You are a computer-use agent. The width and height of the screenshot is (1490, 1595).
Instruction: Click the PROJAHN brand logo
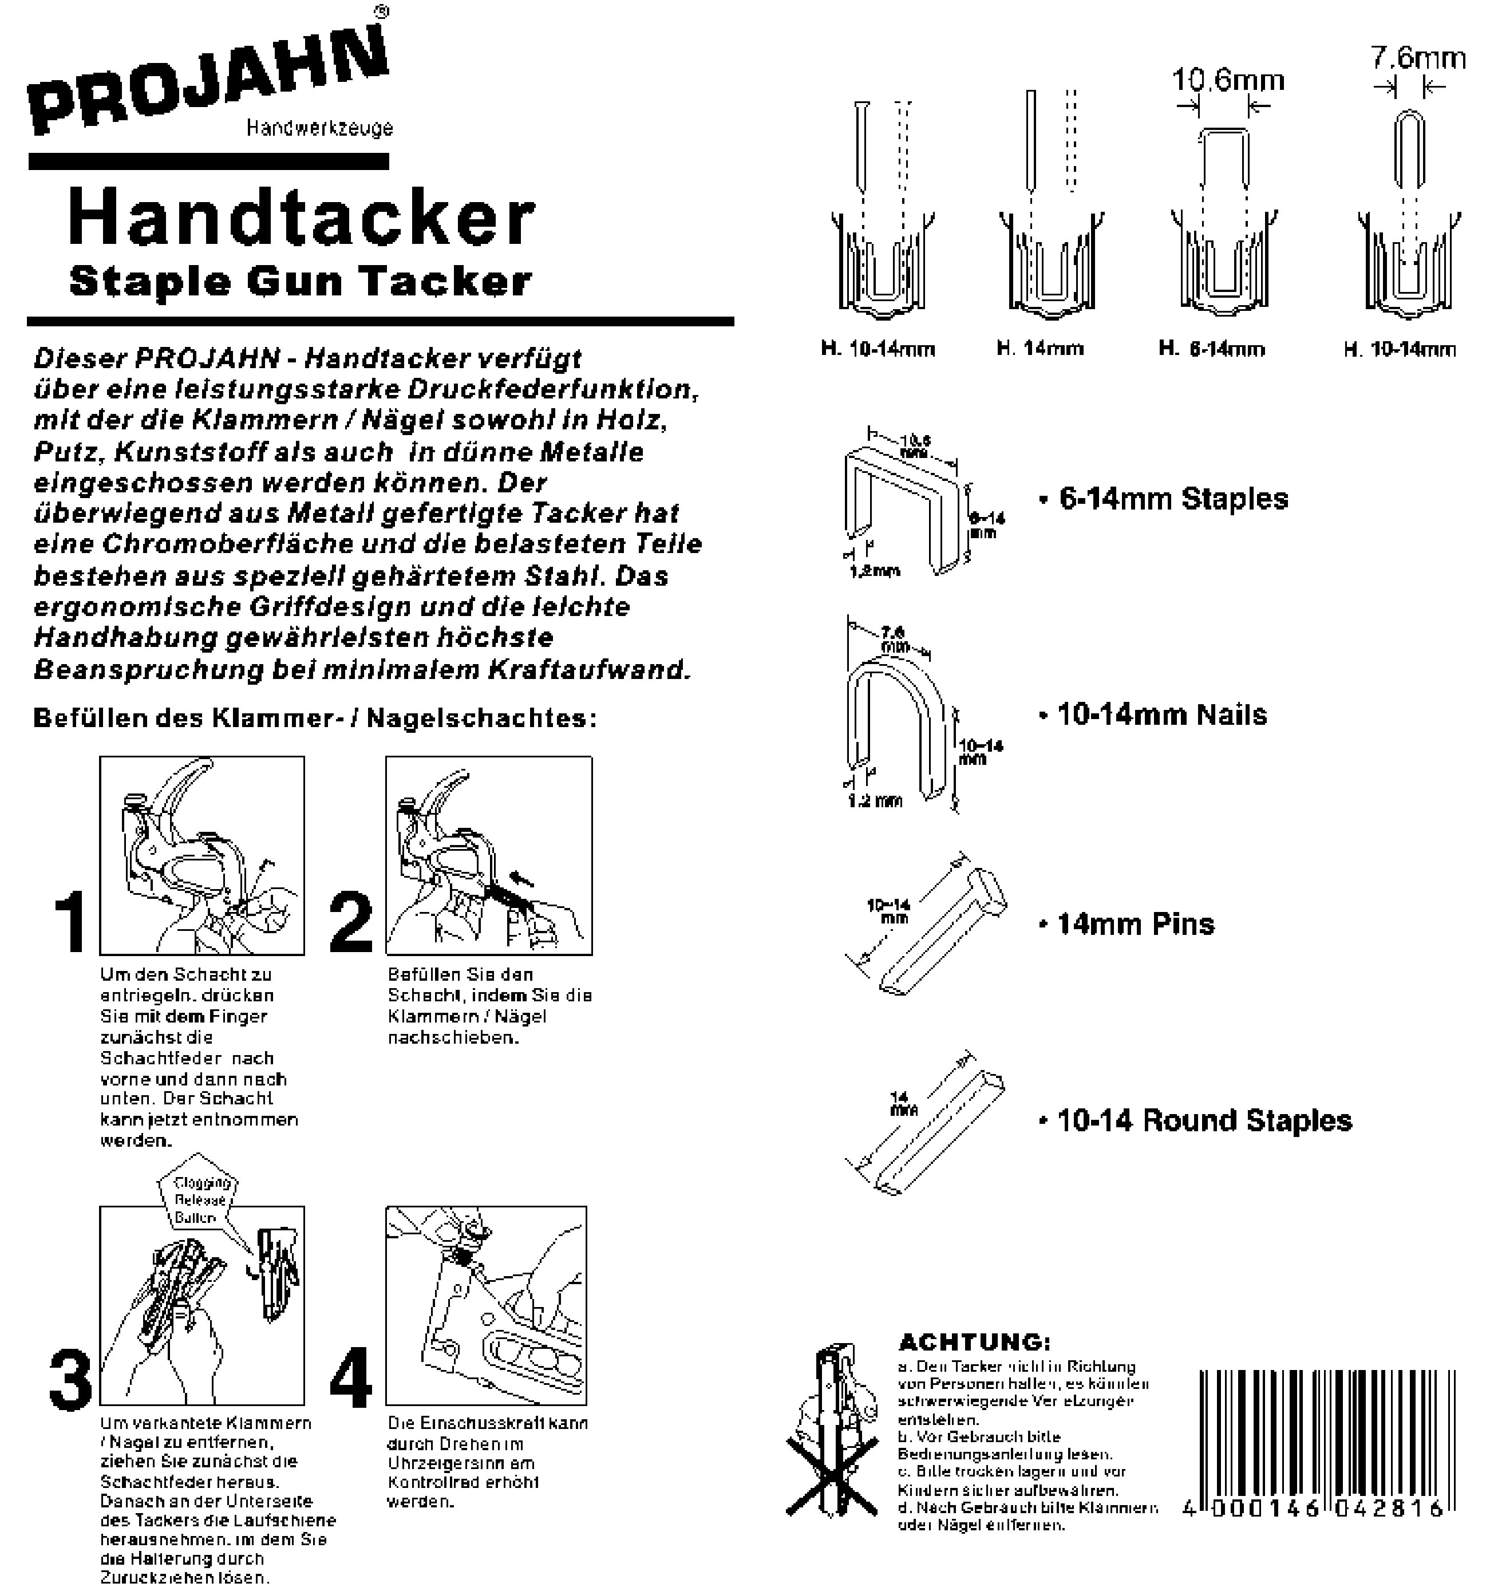point(208,80)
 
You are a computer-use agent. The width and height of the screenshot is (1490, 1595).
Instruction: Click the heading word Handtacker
point(302,218)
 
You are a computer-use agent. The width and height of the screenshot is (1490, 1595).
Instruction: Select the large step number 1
point(70,923)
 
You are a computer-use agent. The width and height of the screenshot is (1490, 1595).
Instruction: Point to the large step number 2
point(351,923)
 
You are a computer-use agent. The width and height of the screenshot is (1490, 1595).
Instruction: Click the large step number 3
point(70,1379)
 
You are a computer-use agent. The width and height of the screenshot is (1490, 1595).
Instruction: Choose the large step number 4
point(351,1379)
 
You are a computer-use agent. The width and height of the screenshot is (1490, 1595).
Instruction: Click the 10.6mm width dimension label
point(1228,80)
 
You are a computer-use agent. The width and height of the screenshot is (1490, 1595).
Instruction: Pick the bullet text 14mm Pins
point(1135,924)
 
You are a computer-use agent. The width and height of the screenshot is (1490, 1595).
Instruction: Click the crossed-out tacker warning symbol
point(835,1436)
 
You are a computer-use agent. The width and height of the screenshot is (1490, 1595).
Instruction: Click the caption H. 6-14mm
point(1212,349)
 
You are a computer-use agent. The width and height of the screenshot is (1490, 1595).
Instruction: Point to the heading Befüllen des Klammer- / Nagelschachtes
point(314,718)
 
